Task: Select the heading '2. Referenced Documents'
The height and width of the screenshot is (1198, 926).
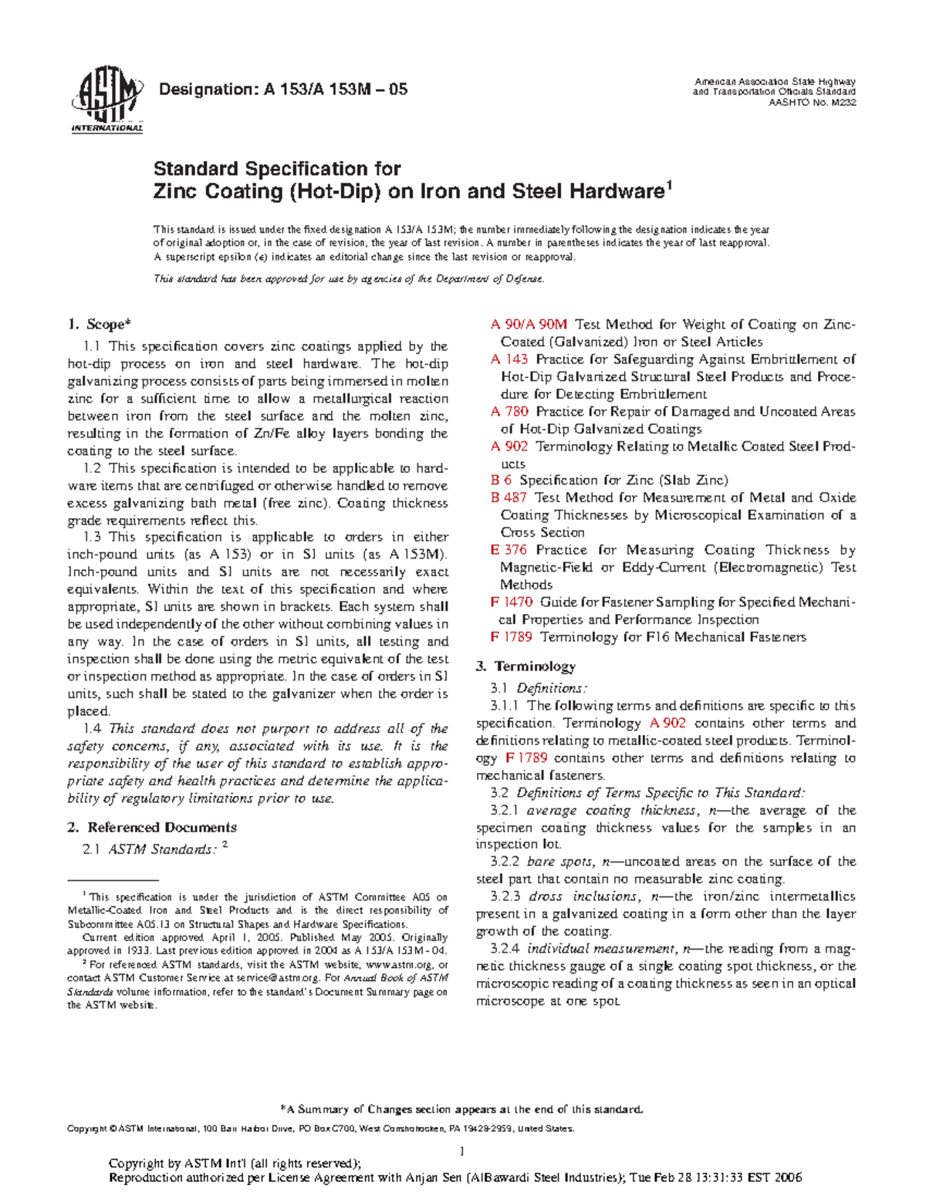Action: pos(151,828)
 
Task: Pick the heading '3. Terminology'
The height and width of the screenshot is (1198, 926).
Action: pos(526,666)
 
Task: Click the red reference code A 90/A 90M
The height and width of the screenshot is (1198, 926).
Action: pos(529,325)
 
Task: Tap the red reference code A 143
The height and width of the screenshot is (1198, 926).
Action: pos(509,359)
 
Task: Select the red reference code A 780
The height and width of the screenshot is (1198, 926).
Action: pos(509,412)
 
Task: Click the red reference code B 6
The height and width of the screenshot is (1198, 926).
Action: pos(501,481)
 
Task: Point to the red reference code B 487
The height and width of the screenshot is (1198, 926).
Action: pos(509,498)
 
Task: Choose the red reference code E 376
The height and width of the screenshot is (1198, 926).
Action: pos(509,550)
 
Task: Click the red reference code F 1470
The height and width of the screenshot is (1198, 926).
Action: pos(512,602)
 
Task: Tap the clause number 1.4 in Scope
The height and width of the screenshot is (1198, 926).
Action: pos(92,729)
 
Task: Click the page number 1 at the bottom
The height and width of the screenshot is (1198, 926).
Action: pos(461,1152)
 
